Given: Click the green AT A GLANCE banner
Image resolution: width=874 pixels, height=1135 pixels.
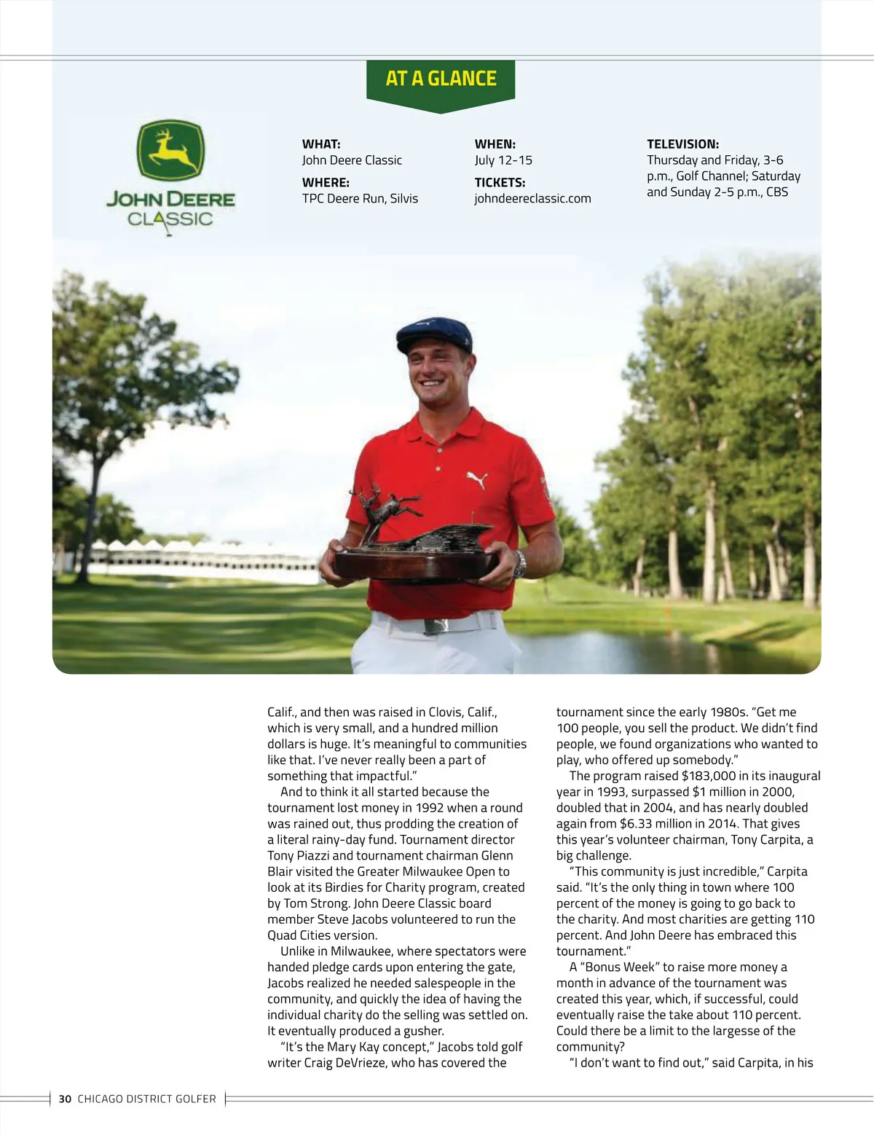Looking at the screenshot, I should point(441,79).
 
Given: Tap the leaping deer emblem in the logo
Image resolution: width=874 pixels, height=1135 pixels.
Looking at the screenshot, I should point(171,151).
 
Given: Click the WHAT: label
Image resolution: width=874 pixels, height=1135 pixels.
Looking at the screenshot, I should point(321,144).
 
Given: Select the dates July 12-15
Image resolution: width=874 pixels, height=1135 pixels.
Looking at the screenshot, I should point(503,160).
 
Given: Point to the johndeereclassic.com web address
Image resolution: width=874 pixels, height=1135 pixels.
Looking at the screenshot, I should point(532,198).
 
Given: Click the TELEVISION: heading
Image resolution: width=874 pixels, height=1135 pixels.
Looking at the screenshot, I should point(682,144).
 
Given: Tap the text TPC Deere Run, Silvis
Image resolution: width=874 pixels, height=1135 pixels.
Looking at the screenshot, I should point(360,198).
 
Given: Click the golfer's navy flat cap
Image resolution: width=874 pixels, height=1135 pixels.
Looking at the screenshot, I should point(434,334).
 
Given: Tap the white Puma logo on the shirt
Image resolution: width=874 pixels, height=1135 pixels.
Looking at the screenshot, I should point(476,479).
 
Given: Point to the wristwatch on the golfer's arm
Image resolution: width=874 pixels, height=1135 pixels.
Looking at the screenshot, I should point(519,564).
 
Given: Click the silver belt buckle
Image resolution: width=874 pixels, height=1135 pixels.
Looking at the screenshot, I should point(436,625).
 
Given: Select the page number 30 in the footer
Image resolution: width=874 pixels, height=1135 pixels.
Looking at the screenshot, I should point(65,1099).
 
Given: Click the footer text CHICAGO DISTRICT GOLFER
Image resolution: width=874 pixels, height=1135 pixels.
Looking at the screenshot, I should point(146,1099).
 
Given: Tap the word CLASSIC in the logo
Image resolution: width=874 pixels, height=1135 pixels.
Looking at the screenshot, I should point(170,219).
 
